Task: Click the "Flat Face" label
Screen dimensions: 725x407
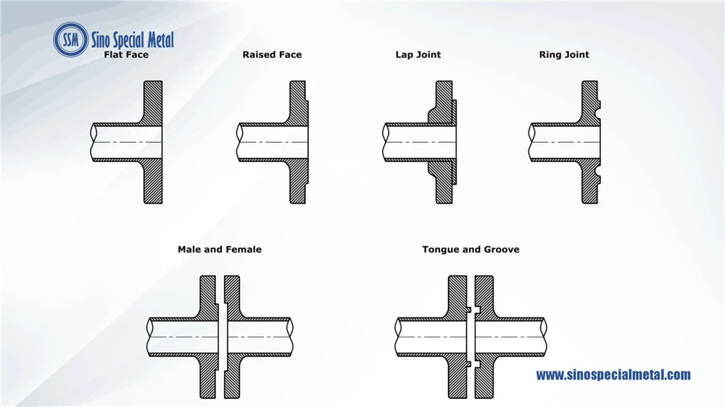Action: (x=126, y=54)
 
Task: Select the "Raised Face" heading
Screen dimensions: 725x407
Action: (x=272, y=54)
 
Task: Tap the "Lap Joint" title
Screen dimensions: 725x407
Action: (x=418, y=54)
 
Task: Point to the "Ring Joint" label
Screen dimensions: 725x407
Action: (x=564, y=54)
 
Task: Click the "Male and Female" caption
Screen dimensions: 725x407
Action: (x=220, y=249)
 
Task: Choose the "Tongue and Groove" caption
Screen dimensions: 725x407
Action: (x=471, y=249)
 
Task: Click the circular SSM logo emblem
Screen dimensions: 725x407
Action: (x=71, y=40)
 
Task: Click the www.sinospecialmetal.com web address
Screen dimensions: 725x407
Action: (x=613, y=374)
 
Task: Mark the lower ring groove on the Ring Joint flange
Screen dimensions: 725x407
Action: (x=598, y=171)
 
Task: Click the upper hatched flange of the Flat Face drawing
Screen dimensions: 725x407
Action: (x=152, y=104)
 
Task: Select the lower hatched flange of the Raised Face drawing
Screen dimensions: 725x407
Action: (x=298, y=180)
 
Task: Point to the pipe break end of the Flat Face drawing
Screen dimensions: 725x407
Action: (x=94, y=142)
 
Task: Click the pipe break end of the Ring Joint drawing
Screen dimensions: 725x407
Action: (x=531, y=142)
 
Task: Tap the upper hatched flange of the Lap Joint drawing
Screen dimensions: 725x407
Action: (x=444, y=103)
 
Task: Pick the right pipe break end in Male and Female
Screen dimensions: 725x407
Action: (x=290, y=337)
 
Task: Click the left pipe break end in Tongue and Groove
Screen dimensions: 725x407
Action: (x=398, y=337)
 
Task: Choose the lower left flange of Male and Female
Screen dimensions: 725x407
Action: (x=208, y=376)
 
